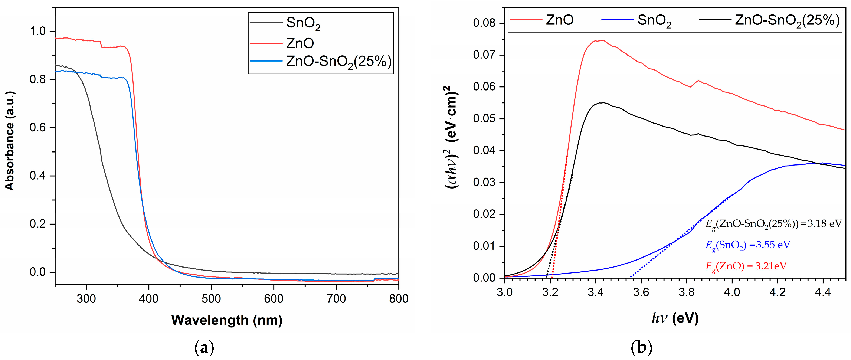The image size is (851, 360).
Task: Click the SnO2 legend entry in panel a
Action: point(303,23)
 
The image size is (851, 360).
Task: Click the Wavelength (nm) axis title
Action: point(227,320)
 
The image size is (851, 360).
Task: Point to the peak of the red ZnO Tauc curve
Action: point(602,40)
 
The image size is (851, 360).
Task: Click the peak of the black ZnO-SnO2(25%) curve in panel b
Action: point(603,103)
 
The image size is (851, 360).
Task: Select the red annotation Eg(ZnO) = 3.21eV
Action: point(746,266)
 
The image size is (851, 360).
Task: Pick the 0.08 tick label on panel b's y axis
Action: point(484,23)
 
